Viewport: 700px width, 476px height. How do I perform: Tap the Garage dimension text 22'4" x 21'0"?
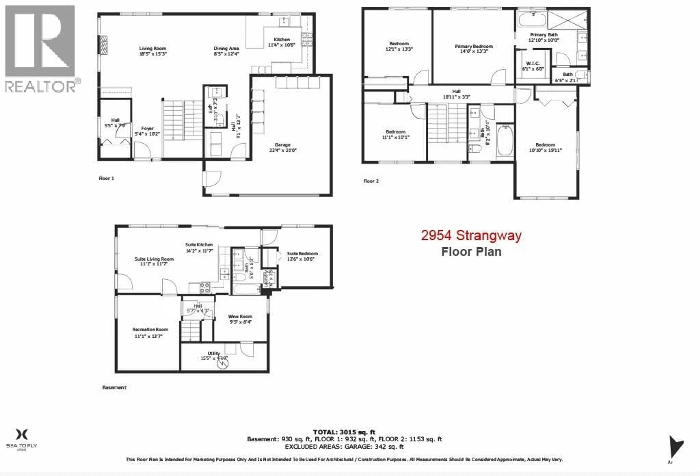[283, 150]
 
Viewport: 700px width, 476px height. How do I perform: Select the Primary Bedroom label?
[474, 46]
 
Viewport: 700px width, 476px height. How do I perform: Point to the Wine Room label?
[240, 316]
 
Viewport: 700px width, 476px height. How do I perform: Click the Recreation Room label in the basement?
[150, 330]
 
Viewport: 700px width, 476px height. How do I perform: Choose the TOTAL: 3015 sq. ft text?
[344, 432]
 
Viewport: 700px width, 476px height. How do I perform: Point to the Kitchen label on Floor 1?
[282, 39]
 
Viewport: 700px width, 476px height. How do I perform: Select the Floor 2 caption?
[371, 181]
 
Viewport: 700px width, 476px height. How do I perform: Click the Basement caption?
[114, 387]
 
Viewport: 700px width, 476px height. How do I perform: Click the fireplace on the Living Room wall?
[103, 45]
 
